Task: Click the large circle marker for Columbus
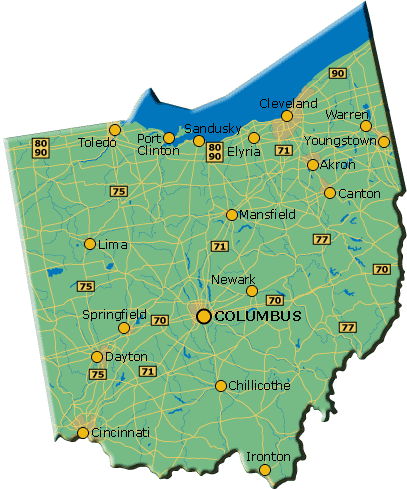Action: coord(204,316)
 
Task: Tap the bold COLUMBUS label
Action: coord(258,316)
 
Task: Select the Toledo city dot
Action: coord(115,130)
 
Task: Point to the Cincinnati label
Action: coord(120,433)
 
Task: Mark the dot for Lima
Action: coord(90,244)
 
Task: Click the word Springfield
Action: coord(114,314)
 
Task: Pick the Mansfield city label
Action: coord(268,215)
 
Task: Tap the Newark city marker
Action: coord(252,291)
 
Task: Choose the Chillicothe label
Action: coord(260,385)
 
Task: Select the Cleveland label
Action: coord(288,103)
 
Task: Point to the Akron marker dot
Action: coord(313,165)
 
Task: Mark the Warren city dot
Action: coord(366,126)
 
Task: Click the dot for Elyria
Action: coord(254,138)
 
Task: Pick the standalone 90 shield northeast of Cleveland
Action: coord(338,73)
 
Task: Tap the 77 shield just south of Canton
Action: coord(321,239)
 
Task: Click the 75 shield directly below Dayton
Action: coord(97,374)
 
